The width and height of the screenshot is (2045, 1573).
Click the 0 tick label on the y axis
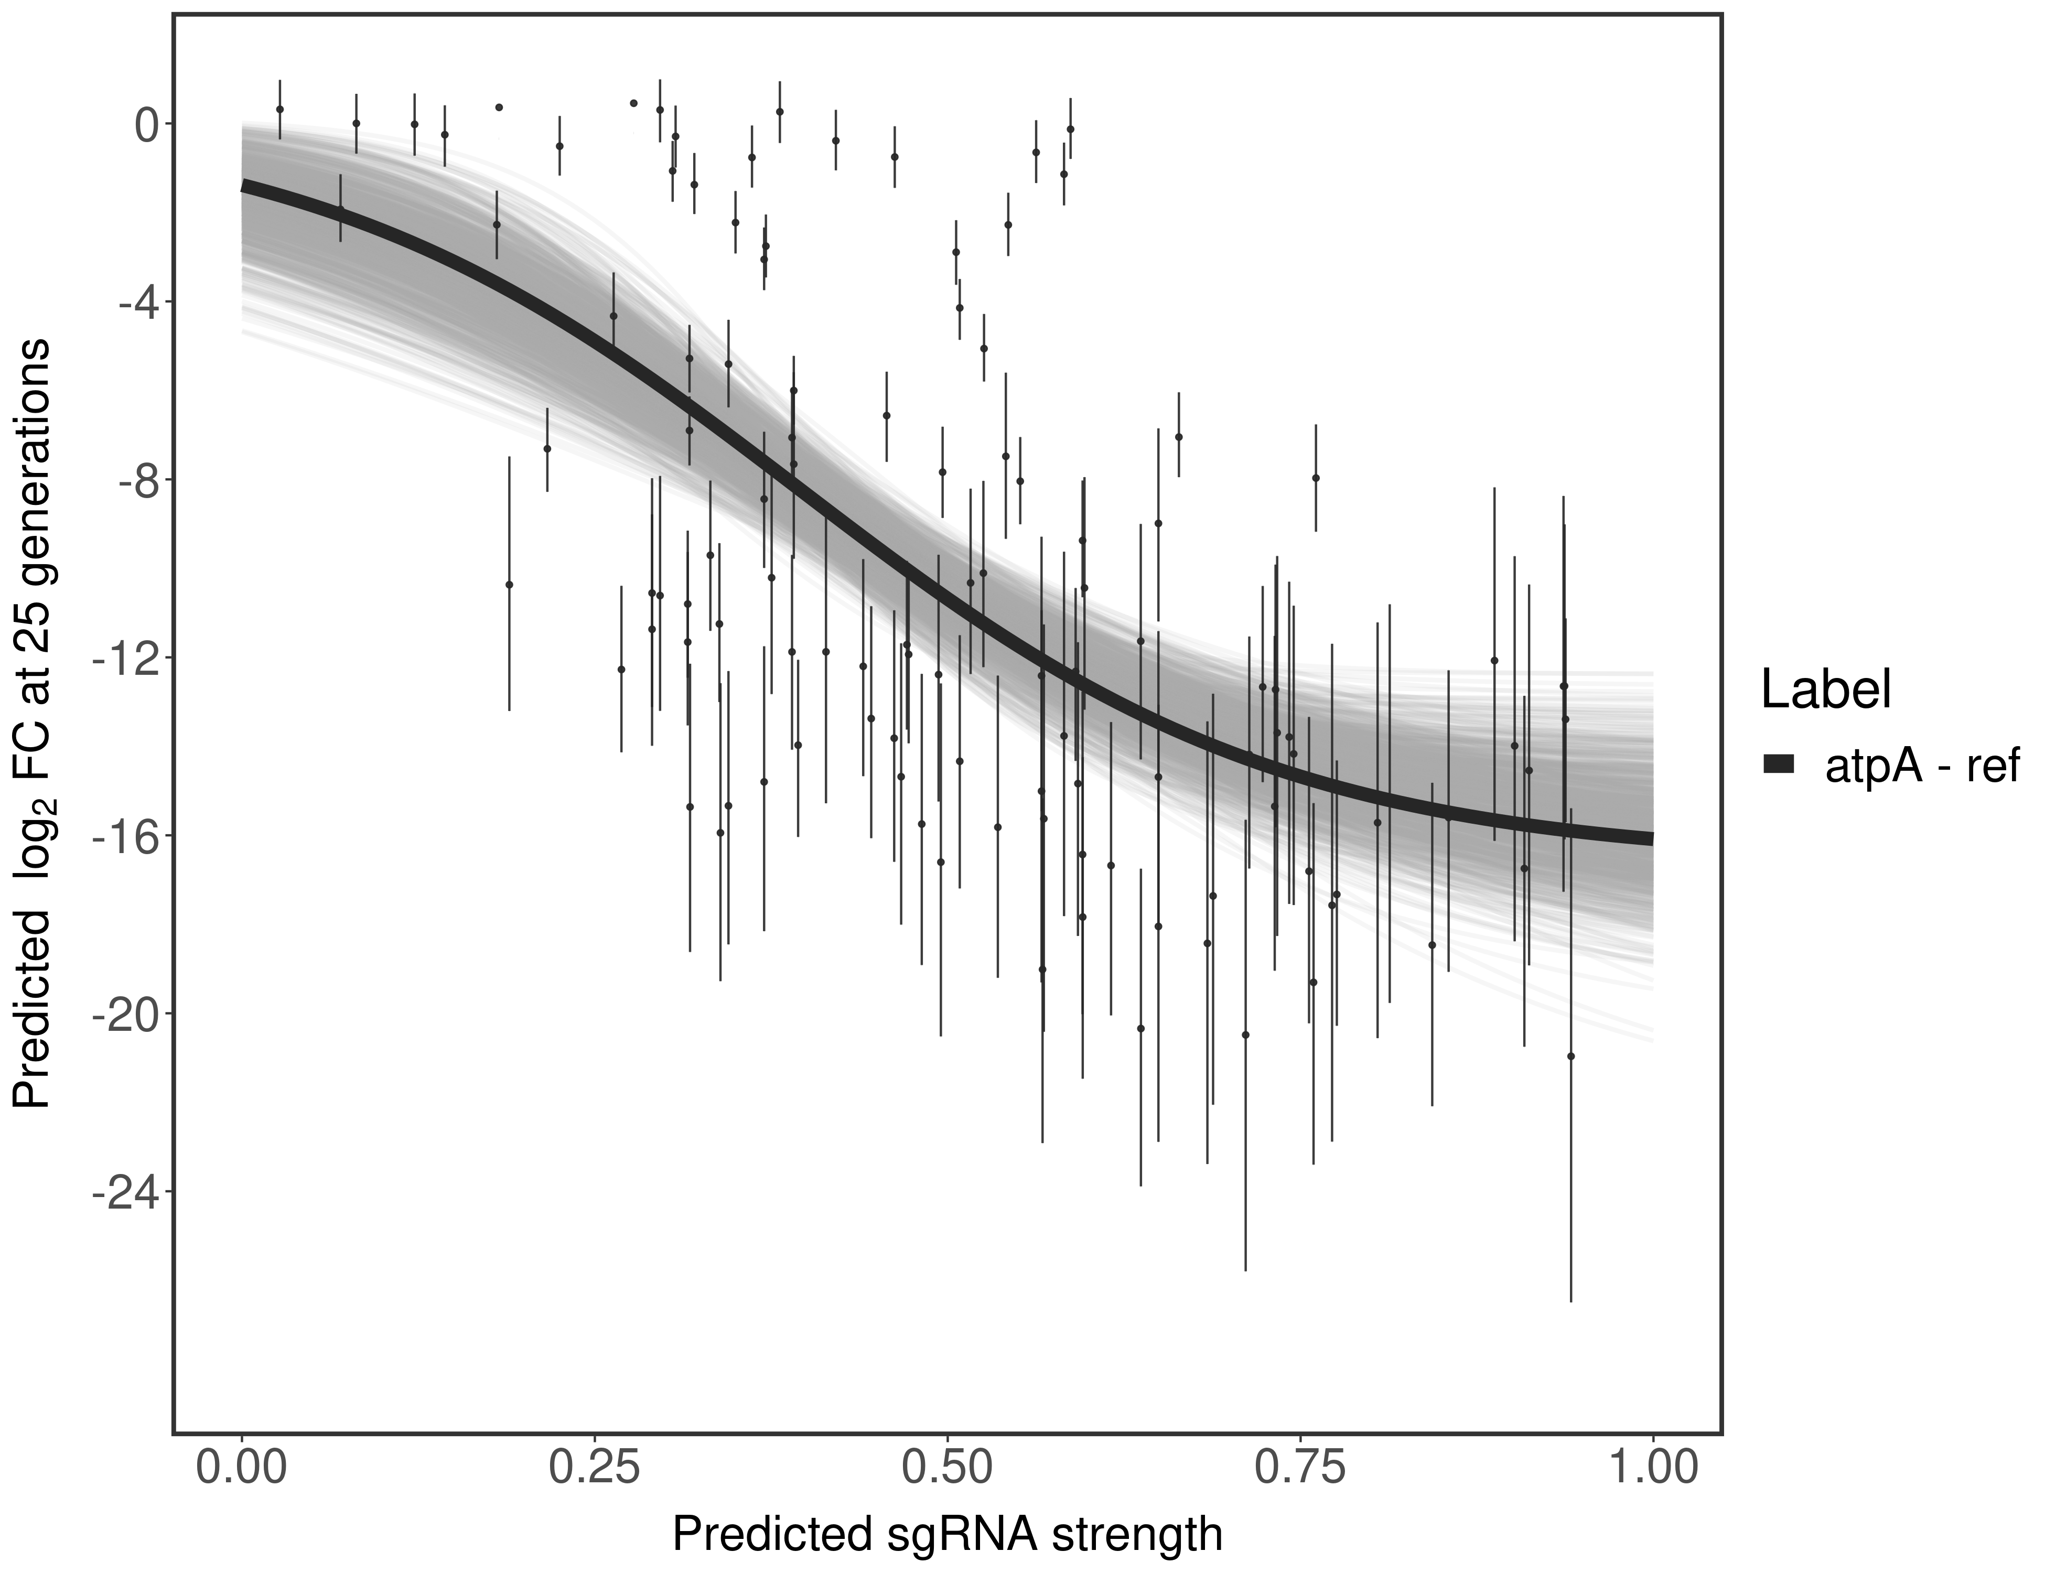[x=146, y=125]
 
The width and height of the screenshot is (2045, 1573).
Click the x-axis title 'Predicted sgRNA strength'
[x=946, y=1536]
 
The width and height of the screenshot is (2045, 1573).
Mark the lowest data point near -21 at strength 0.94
[x=1570, y=1056]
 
